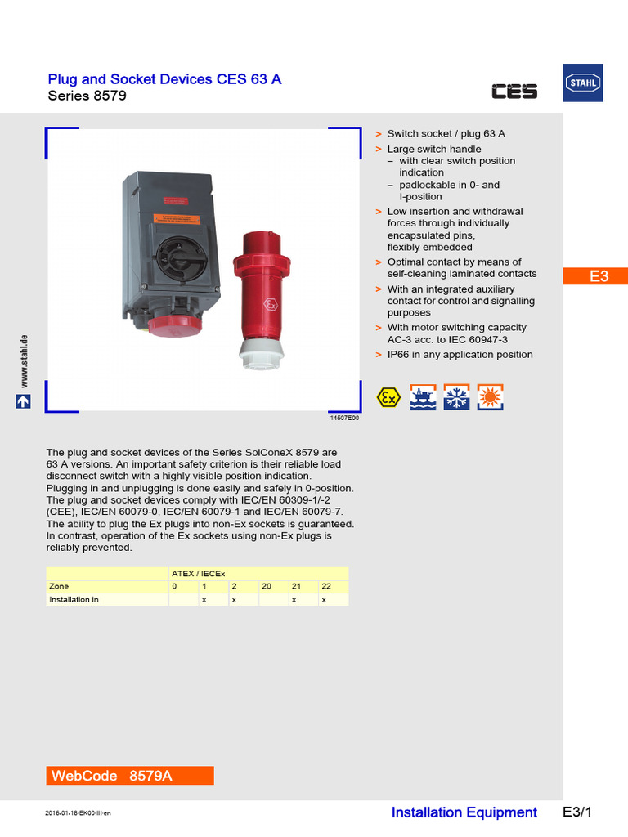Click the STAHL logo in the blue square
(583, 83)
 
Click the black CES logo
(514, 92)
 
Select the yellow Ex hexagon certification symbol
(388, 397)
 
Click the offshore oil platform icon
(423, 397)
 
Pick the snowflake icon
(456, 397)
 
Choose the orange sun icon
(491, 397)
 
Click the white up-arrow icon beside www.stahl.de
(23, 401)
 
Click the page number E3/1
(576, 812)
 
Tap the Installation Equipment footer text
(464, 812)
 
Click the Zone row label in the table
(59, 586)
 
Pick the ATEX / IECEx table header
(198, 573)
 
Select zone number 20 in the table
(267, 586)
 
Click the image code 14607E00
(343, 418)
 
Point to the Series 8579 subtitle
(87, 96)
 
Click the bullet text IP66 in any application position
(460, 355)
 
